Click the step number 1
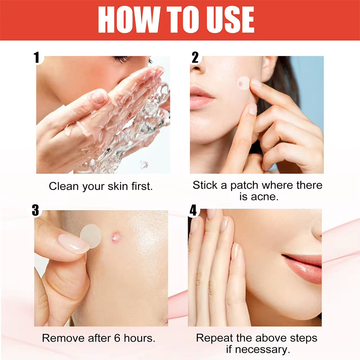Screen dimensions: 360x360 (37, 58)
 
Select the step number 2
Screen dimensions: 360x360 (195, 58)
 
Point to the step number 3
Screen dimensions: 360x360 (35, 210)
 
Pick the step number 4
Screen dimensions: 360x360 (193, 211)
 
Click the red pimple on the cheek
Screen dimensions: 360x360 (116, 237)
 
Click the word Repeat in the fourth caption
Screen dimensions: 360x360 (215, 338)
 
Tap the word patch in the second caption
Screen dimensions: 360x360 (245, 186)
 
